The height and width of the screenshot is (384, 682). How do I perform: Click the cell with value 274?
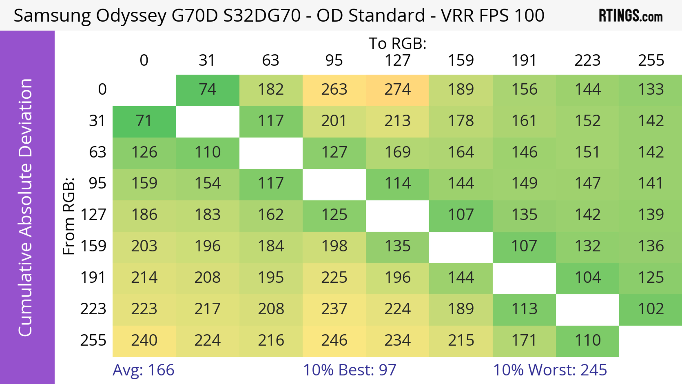click(397, 90)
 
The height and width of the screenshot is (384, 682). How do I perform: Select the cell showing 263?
click(334, 90)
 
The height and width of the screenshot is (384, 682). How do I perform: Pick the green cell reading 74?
click(208, 90)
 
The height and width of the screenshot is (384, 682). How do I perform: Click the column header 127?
click(397, 60)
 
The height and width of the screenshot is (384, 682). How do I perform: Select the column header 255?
click(651, 60)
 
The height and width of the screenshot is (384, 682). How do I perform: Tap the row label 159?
click(93, 246)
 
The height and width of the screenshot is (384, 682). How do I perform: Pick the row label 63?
click(98, 152)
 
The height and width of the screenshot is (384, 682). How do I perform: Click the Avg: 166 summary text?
click(143, 370)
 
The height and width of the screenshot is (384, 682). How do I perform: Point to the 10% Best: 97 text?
click(350, 370)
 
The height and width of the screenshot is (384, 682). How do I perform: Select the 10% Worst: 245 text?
click(550, 370)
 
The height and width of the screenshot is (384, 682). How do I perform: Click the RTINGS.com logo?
click(631, 16)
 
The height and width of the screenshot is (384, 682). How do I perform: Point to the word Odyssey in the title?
click(131, 16)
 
